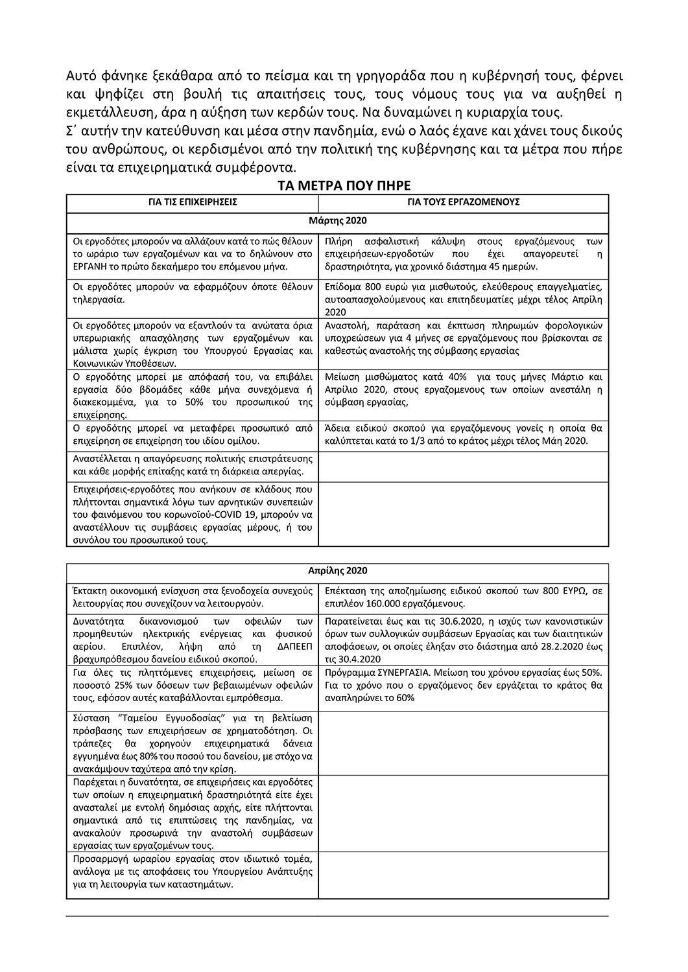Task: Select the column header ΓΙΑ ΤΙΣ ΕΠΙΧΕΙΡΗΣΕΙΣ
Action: point(193,202)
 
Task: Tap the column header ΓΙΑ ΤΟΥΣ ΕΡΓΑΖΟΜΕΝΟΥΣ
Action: point(464,202)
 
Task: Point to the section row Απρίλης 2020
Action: point(337,571)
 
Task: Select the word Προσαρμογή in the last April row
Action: point(97,859)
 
